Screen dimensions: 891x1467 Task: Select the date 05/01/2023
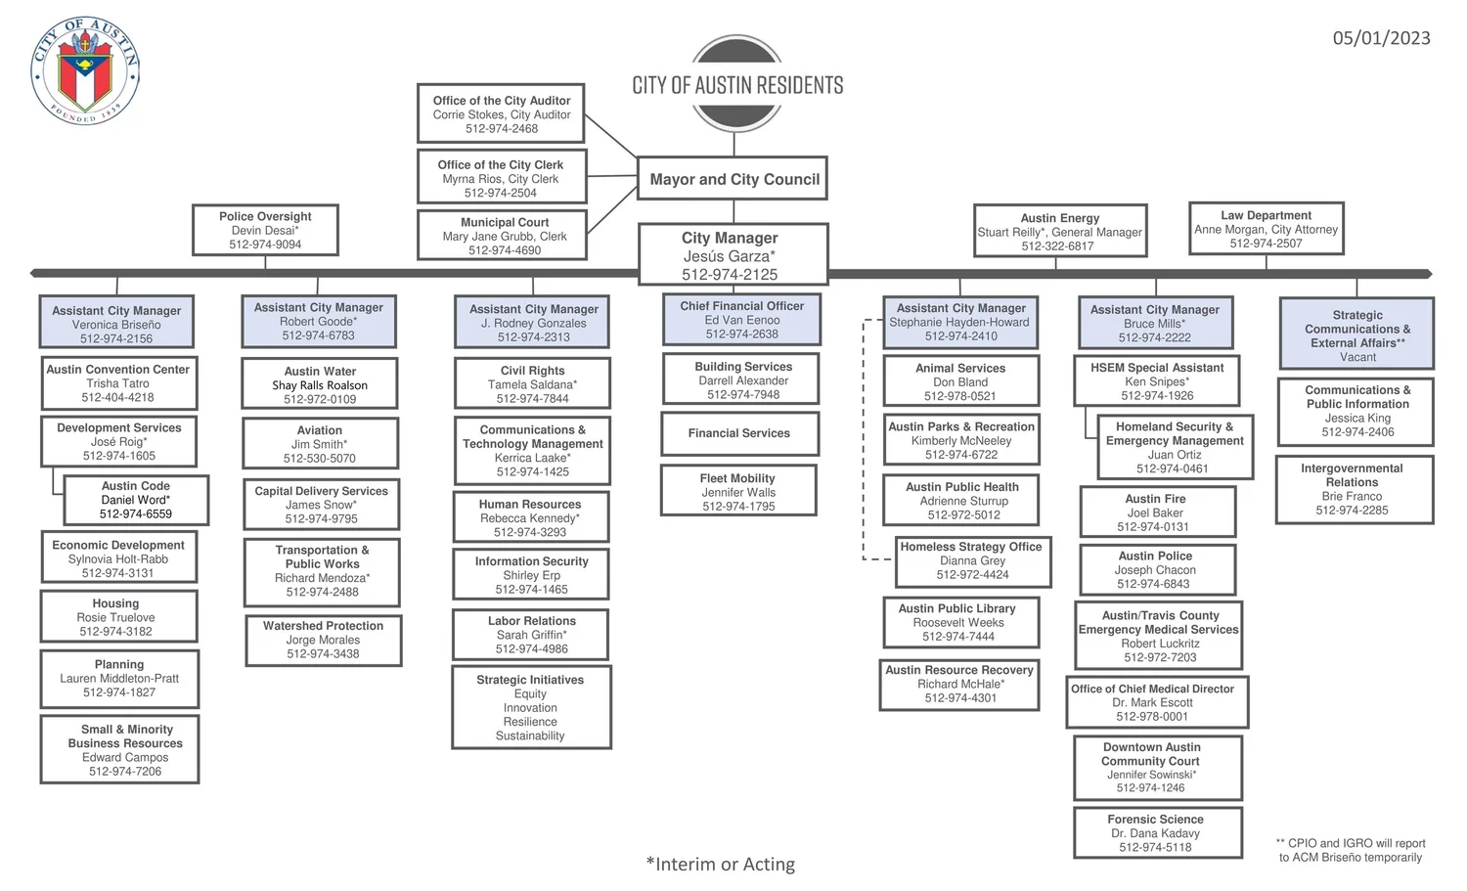1381,38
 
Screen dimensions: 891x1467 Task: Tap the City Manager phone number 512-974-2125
730,275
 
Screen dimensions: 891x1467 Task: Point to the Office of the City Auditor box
501,114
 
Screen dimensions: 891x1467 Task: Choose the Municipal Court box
503,236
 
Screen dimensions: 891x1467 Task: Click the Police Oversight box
265,230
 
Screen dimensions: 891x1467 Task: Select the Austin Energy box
1059,232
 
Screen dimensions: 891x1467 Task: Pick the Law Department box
1266,229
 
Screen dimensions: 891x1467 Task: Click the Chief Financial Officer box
741,320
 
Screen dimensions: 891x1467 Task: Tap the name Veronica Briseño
116,325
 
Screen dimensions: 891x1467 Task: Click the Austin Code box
136,500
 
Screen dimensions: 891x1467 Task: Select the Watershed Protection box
323,640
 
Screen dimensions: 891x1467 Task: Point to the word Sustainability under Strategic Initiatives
530,736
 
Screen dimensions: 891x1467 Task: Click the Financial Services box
739,433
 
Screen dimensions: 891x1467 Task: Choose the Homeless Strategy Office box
972,560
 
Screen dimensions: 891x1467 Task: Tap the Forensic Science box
1156,832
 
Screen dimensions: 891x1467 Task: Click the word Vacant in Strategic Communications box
1357,357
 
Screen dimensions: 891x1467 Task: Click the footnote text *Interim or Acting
721,865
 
